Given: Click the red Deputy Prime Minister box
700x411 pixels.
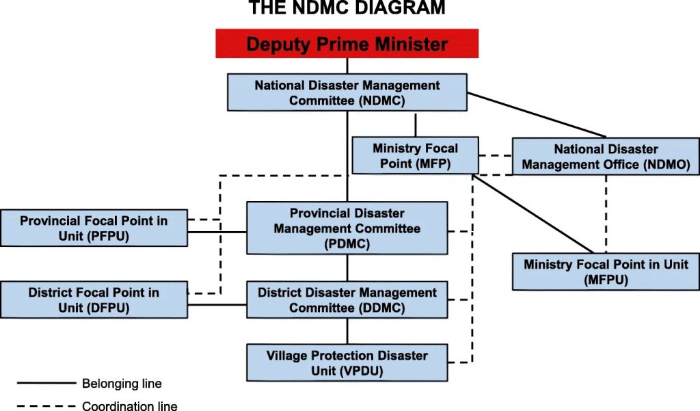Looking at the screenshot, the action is tap(347, 44).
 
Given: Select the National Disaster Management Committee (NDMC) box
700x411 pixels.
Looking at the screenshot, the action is tap(347, 92).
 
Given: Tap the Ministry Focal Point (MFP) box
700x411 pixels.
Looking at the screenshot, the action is tap(415, 155).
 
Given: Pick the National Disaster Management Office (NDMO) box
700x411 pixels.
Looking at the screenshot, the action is tap(606, 157).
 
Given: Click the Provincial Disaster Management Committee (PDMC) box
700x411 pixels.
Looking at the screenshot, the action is tap(347, 228).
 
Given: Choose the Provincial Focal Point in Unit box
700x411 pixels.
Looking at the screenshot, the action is tap(94, 228).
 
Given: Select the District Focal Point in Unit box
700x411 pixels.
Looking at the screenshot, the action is tap(94, 300).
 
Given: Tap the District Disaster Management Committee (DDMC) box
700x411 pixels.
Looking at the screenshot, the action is tap(347, 300).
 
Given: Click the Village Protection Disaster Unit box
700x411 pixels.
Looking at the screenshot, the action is tap(347, 362).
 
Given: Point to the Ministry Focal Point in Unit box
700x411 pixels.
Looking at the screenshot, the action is tap(606, 271).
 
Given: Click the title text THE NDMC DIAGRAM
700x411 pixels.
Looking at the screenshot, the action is tap(347, 7).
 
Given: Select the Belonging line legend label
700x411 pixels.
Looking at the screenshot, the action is tap(122, 383).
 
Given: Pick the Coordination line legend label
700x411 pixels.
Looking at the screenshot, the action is tap(129, 406).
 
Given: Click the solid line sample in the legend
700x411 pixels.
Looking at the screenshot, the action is tap(46, 383).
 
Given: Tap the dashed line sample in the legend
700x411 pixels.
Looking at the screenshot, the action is tap(46, 406).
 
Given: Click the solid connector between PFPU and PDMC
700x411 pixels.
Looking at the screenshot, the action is tap(217, 232).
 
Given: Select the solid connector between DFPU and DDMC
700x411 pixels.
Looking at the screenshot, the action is tap(217, 305).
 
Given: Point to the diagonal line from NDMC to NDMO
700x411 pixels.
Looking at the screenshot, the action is tap(537, 115).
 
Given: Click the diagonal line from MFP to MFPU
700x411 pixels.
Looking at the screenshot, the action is tap(533, 214).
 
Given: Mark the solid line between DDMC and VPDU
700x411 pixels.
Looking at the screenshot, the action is tap(347, 331).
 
